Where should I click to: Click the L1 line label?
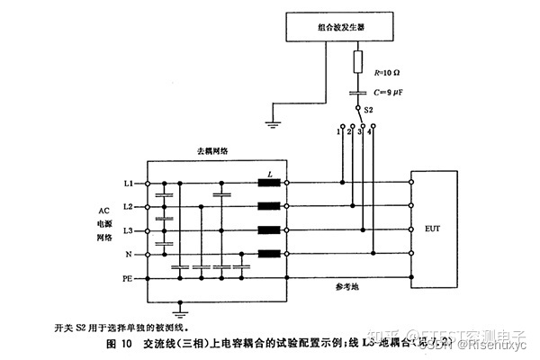click(129, 184)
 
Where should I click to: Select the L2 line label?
click(129, 207)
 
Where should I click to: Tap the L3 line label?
click(129, 231)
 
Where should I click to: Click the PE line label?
click(128, 279)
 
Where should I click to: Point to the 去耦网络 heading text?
click(212, 151)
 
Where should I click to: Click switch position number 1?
click(337, 132)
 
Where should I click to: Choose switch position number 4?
click(370, 132)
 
